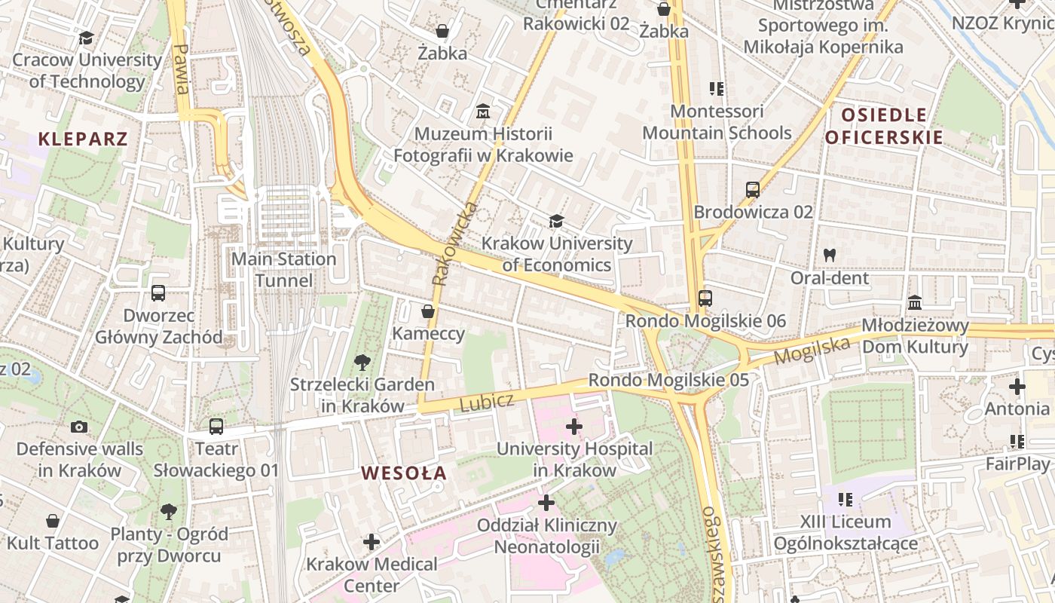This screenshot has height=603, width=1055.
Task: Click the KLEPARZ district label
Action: tap(83, 139)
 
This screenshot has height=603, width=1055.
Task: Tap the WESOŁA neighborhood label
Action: tap(404, 473)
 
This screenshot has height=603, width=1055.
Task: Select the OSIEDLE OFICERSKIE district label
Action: tap(884, 126)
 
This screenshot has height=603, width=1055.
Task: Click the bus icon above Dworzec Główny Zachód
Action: tap(158, 293)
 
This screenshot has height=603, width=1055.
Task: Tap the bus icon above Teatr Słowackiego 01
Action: tap(216, 427)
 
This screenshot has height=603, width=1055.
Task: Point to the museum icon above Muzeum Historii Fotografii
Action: tap(483, 112)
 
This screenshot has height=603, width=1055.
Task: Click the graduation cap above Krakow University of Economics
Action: tap(556, 221)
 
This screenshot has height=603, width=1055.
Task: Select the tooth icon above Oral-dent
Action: tap(830, 255)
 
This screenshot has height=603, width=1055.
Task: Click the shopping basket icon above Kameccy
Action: tap(428, 311)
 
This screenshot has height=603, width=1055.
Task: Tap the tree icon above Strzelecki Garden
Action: tap(362, 363)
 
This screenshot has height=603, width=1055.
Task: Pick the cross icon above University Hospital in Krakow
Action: tap(574, 427)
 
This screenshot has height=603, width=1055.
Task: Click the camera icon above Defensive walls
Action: tap(79, 427)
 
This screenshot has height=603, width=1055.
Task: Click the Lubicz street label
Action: tap(486, 402)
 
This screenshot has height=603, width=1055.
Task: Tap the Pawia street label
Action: tap(181, 69)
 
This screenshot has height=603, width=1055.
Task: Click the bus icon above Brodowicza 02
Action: tap(753, 190)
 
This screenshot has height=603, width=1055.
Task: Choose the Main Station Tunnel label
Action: tap(283, 270)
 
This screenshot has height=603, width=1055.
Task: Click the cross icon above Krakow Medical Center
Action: tap(372, 542)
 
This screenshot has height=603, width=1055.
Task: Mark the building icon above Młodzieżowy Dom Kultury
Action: tap(915, 303)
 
